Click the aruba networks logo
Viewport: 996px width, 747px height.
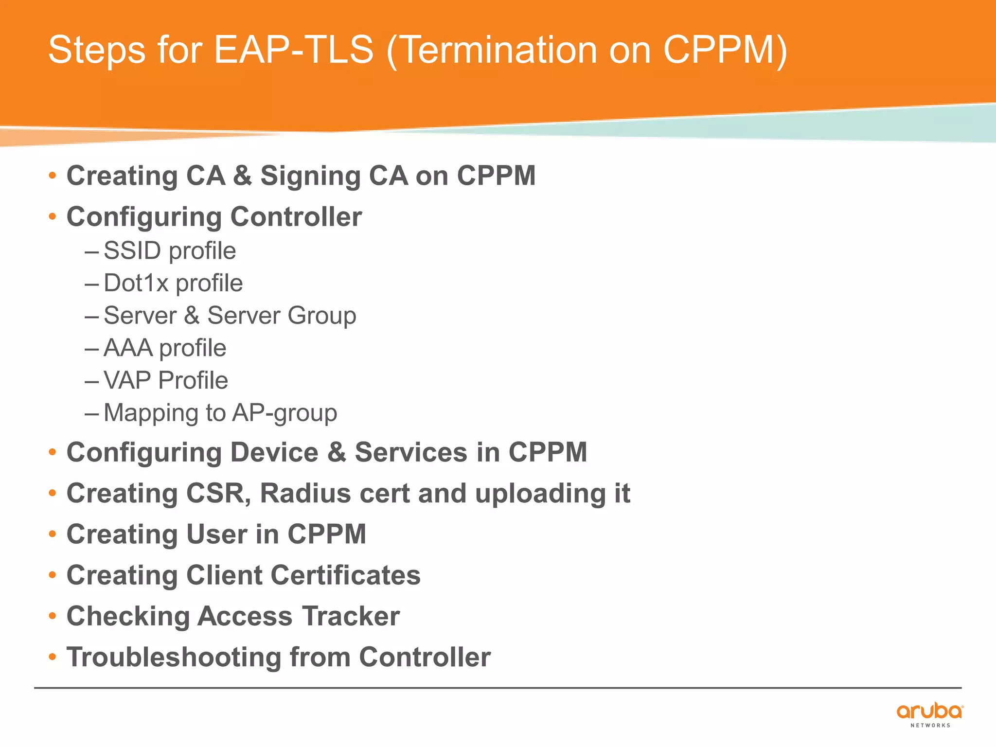click(x=929, y=714)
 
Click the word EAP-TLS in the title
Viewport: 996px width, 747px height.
click(x=294, y=50)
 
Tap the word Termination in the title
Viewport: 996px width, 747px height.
click(x=501, y=50)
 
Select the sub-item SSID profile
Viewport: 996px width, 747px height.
click(x=170, y=251)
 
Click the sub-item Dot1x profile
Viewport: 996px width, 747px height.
click(x=173, y=283)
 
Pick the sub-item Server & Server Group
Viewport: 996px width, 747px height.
click(x=230, y=316)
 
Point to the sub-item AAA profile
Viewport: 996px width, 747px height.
click(x=165, y=348)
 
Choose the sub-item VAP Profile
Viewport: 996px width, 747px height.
click(x=166, y=380)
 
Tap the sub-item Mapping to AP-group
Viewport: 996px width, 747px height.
click(x=220, y=413)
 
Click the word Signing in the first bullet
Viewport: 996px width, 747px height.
click(x=310, y=176)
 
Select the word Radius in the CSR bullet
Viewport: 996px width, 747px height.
click(x=305, y=494)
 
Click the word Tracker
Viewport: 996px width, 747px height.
click(x=351, y=616)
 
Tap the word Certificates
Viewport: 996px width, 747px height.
click(x=345, y=575)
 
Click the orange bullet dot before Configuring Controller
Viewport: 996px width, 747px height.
click(x=53, y=217)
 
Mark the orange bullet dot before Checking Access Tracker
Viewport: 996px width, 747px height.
click(x=53, y=616)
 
